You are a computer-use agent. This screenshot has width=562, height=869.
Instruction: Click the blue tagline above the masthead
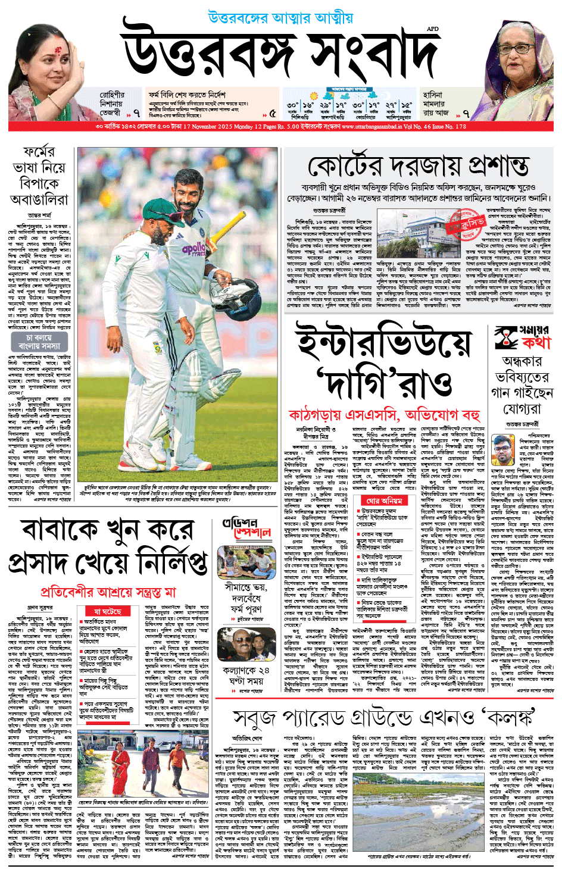tap(280, 18)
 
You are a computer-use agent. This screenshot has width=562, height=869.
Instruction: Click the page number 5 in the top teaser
tap(272, 113)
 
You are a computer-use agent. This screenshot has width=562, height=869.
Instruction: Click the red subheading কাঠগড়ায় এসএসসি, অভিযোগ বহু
tap(384, 414)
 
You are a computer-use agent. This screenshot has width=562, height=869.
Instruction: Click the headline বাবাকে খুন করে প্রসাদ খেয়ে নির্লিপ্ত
tap(107, 548)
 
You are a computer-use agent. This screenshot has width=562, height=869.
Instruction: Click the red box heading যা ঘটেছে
tap(107, 611)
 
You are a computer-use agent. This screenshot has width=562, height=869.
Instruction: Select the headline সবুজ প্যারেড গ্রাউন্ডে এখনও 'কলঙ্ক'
tap(384, 718)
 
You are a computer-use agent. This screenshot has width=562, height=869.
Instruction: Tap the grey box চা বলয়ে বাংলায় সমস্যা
tap(39, 341)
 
